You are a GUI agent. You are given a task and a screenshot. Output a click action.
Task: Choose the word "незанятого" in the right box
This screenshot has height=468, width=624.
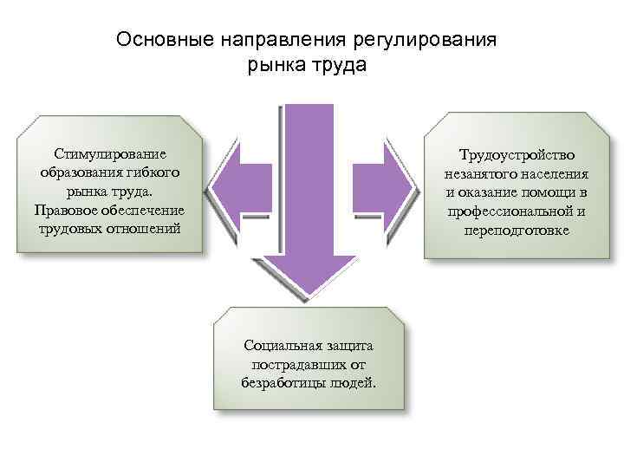(476, 173)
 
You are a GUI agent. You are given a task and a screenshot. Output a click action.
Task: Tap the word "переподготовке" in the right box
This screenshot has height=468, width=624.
(517, 231)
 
